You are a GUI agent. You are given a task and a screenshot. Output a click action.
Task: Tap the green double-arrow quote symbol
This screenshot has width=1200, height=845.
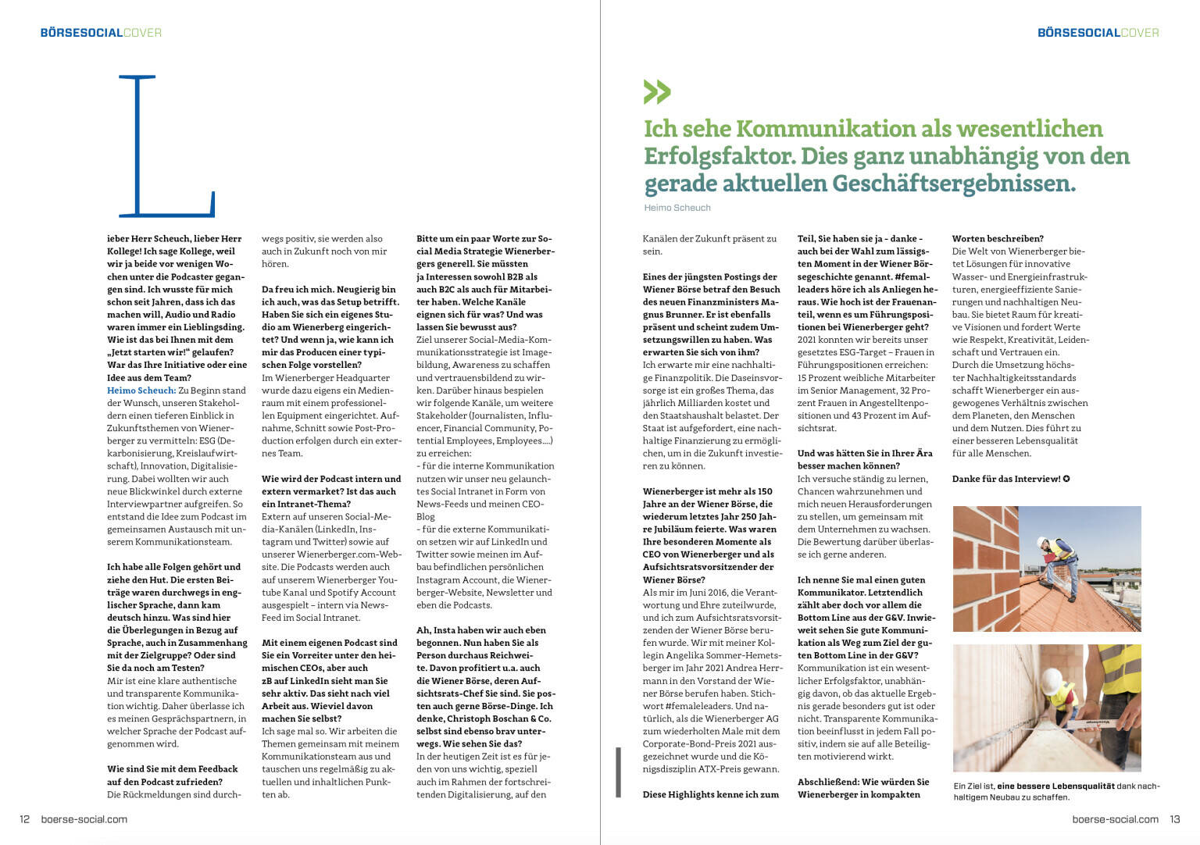pyautogui.click(x=657, y=92)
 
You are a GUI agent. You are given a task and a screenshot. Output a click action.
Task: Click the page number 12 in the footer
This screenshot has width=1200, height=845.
pyautogui.click(x=24, y=819)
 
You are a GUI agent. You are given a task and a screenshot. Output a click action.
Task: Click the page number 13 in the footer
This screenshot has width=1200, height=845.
pyautogui.click(x=1174, y=819)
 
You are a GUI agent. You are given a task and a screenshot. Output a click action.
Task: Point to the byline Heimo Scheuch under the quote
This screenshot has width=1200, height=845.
pyautogui.click(x=677, y=208)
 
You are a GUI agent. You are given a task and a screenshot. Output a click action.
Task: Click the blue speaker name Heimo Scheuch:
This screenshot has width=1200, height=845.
pyautogui.click(x=141, y=390)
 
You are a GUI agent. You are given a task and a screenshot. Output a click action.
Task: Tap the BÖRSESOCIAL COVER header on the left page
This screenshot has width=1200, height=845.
pyautogui.click(x=101, y=33)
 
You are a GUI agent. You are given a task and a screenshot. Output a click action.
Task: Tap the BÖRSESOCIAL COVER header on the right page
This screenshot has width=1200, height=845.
pyautogui.click(x=1098, y=33)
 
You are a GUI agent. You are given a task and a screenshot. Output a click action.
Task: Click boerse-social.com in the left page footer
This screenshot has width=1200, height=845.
pyautogui.click(x=84, y=819)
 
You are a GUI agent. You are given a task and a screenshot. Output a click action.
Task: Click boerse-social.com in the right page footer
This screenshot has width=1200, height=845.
pyautogui.click(x=1115, y=819)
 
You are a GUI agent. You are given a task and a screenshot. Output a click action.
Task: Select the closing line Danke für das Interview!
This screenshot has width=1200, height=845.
pyautogui.click(x=1006, y=479)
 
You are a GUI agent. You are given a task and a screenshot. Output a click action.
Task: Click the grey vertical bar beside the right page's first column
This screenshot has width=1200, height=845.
pyautogui.click(x=618, y=772)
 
